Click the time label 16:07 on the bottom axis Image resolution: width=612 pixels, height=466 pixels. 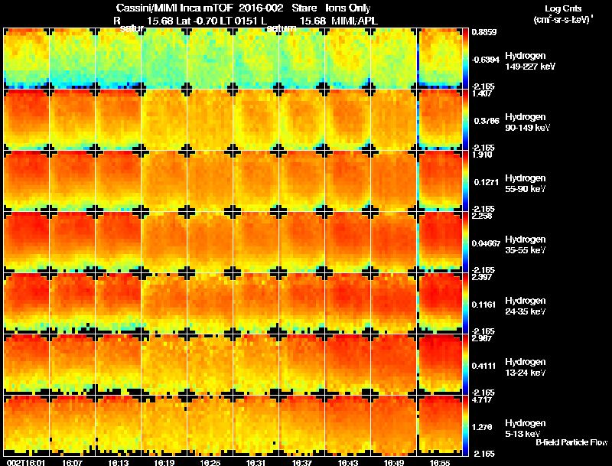pyautogui.click(x=73, y=462)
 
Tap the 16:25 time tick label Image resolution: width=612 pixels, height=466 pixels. pyautogui.click(x=210, y=462)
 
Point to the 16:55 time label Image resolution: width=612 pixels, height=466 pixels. pyautogui.click(x=440, y=462)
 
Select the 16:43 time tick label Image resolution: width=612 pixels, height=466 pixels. pyautogui.click(x=348, y=462)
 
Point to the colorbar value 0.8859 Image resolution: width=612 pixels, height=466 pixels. pyautogui.click(x=483, y=32)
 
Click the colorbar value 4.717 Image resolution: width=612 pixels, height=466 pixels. pyautogui.click(x=482, y=399)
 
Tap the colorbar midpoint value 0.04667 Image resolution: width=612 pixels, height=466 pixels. pyautogui.click(x=486, y=243)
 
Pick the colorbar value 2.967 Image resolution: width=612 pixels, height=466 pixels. pyautogui.click(x=482, y=338)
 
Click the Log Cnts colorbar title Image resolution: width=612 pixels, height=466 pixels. pyautogui.click(x=563, y=8)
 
